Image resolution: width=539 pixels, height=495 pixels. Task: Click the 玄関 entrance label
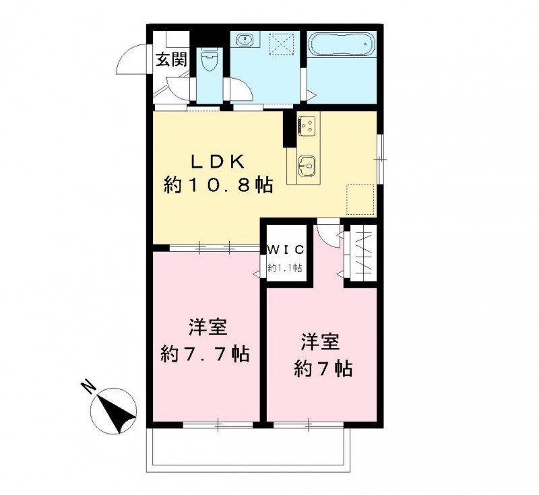171,59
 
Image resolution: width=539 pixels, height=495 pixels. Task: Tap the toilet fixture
210,60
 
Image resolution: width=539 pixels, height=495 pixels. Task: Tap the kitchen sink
307,164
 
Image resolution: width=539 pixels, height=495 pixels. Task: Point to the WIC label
286,249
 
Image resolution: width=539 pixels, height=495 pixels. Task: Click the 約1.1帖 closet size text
285,268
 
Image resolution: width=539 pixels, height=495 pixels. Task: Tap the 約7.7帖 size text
205,353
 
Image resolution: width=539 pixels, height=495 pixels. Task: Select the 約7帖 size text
323,368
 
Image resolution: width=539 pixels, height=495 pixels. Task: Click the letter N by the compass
86,387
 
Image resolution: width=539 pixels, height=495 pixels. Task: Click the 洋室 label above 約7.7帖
206,328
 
